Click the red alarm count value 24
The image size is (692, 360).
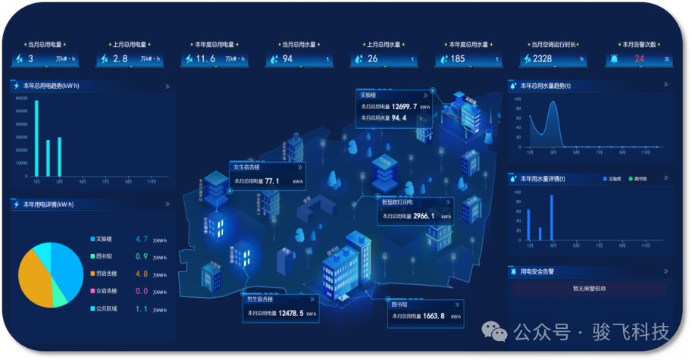(x=639, y=58)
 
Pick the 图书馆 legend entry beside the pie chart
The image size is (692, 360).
(x=104, y=256)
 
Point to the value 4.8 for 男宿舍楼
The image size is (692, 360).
(x=141, y=274)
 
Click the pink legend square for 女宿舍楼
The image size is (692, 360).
(x=93, y=291)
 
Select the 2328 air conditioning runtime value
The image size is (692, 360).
(x=543, y=58)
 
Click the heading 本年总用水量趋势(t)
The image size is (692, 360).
(x=546, y=86)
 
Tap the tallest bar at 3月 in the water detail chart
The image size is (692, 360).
(x=552, y=218)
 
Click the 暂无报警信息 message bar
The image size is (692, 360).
(x=589, y=288)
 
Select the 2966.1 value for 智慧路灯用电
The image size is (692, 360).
(x=424, y=216)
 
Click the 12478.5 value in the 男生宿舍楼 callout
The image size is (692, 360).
(x=291, y=313)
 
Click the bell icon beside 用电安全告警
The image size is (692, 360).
(x=513, y=271)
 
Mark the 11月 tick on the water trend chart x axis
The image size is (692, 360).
(x=644, y=152)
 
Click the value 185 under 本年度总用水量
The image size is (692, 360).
(x=458, y=58)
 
